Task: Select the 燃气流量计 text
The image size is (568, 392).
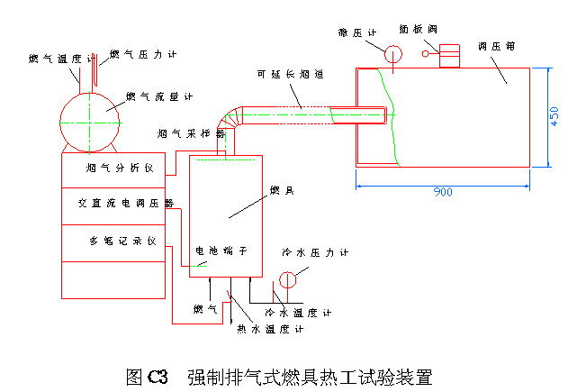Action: click(159, 96)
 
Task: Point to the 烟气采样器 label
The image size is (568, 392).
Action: click(190, 132)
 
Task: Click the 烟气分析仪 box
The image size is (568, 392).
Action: click(114, 169)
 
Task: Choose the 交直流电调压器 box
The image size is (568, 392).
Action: click(114, 204)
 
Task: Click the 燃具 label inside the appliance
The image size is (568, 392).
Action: click(280, 190)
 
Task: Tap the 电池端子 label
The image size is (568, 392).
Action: click(215, 251)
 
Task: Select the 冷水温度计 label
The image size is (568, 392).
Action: click(299, 313)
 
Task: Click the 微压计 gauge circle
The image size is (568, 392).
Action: click(393, 53)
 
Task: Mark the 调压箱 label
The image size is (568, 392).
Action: click(496, 45)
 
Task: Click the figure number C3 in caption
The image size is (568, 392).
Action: click(158, 374)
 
